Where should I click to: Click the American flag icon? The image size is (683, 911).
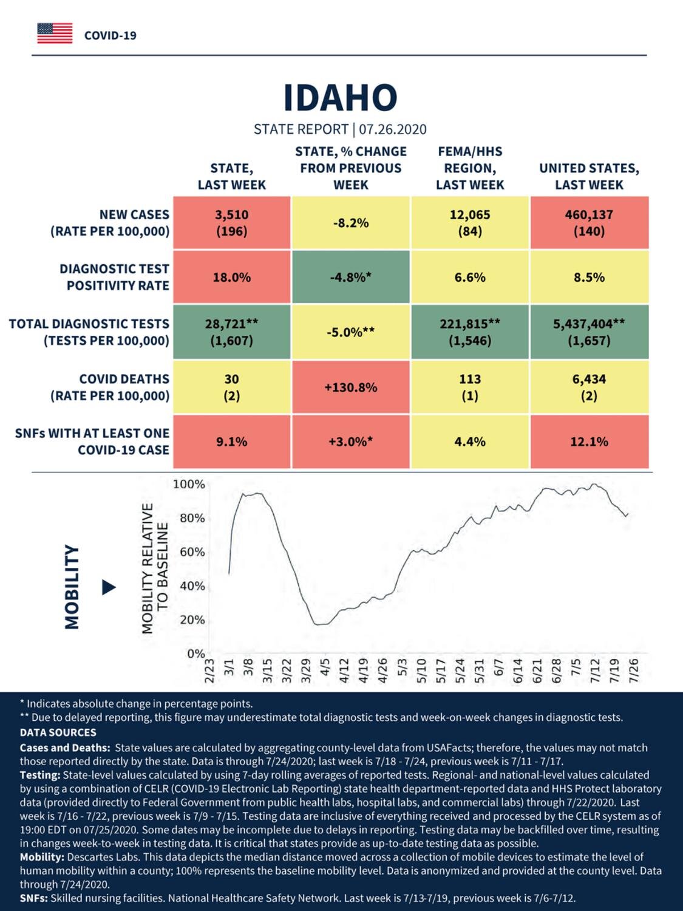coord(55,33)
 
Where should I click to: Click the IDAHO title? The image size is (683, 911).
coord(341,98)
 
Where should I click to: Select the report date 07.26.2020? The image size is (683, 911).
coord(393,129)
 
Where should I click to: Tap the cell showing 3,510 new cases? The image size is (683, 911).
coord(232,223)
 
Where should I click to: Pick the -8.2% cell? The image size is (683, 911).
coord(351,223)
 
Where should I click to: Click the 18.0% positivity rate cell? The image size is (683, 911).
coord(232,277)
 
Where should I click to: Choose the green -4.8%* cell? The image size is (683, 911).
coord(351,277)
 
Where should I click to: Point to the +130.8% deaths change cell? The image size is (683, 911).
coord(351,387)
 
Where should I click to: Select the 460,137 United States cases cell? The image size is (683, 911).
coord(590,223)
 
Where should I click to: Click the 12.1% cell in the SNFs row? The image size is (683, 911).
coord(590,442)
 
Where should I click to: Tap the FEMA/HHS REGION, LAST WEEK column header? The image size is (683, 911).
coord(470,168)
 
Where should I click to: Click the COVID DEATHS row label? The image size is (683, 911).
coord(110,387)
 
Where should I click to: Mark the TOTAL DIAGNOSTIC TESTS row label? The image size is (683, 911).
coord(89,332)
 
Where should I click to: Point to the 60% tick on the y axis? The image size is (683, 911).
coord(192,552)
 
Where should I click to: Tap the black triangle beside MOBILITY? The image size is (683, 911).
coord(109,587)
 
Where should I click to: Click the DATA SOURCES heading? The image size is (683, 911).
coord(58,732)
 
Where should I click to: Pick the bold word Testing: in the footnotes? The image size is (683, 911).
coord(40,776)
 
